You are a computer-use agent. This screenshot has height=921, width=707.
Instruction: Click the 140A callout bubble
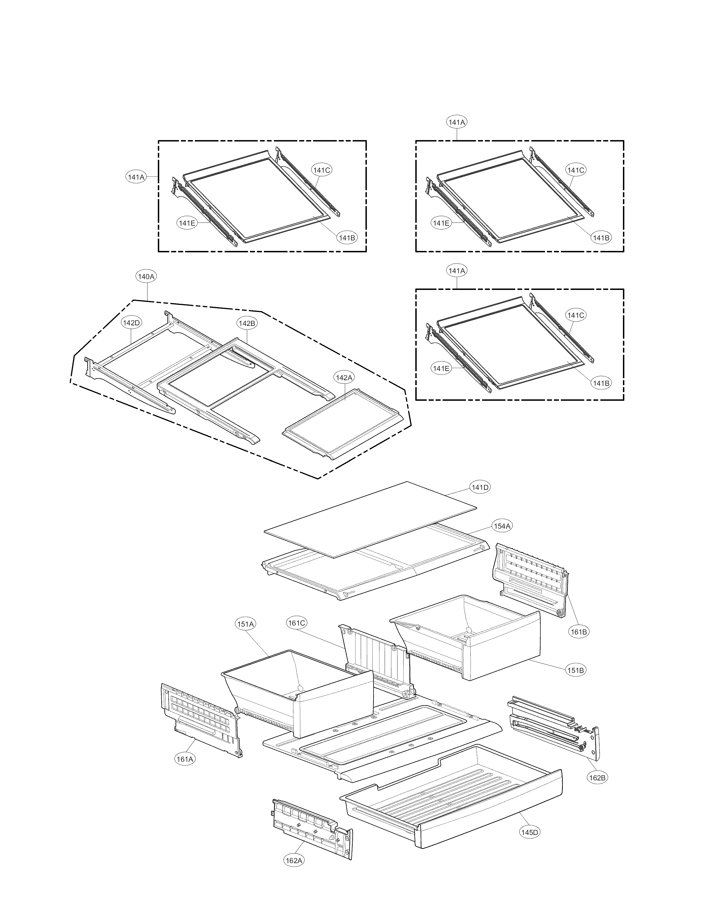146,277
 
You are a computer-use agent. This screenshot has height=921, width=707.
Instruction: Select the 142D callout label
131,323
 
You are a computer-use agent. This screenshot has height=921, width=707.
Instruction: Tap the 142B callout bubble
247,323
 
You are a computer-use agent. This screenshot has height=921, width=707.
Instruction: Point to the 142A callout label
344,378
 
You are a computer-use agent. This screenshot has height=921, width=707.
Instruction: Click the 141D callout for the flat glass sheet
480,487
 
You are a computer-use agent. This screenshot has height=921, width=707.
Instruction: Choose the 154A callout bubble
502,526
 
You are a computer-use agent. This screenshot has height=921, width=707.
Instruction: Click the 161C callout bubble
297,623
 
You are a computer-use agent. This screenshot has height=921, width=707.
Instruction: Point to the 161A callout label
185,759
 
